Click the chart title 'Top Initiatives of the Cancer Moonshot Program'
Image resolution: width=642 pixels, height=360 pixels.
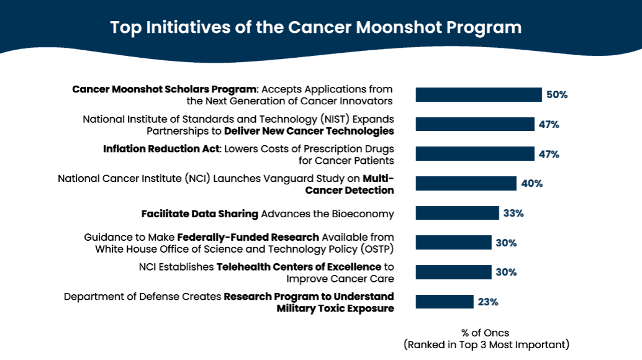(x=315, y=28)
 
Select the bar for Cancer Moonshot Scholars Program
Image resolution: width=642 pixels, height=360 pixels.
(x=479, y=94)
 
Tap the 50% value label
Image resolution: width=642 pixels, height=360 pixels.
(x=557, y=95)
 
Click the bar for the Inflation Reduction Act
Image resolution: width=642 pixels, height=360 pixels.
(x=475, y=154)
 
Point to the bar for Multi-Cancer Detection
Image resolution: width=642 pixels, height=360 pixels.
(x=466, y=183)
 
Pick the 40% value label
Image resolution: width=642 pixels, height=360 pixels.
(x=532, y=184)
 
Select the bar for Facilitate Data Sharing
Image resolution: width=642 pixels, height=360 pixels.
(x=457, y=213)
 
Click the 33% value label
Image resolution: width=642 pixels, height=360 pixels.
(x=513, y=214)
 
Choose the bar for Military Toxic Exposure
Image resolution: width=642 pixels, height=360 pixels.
(x=445, y=302)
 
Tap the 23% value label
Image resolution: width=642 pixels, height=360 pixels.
(x=488, y=302)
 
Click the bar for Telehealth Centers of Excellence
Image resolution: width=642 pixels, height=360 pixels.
(x=453, y=272)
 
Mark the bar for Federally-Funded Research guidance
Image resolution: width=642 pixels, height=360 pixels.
(x=453, y=243)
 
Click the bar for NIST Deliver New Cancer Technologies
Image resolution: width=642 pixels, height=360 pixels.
(x=475, y=124)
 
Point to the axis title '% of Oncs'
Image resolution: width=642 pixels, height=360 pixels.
(x=486, y=333)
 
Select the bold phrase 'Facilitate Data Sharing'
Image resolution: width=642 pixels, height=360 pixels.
(x=199, y=214)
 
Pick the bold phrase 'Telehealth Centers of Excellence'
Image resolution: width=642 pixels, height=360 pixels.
(x=299, y=267)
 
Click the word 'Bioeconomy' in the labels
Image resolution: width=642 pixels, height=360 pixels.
(x=362, y=214)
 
